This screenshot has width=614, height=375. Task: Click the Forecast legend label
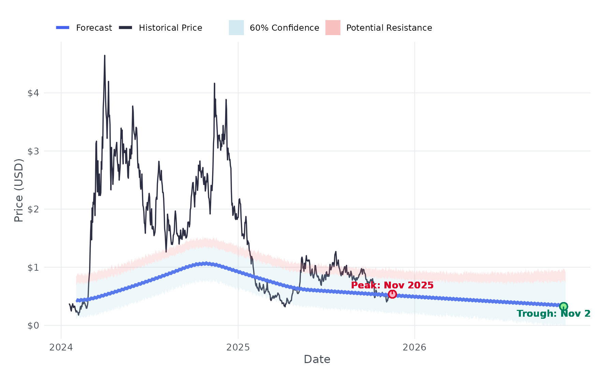click(94, 28)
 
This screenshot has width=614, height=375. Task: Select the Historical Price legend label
click(170, 28)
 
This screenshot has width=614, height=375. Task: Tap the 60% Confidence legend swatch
click(236, 28)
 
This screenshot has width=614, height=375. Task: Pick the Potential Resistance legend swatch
click(333, 28)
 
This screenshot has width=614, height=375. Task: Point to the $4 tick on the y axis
click(33, 93)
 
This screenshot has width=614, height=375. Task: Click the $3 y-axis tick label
click(33, 151)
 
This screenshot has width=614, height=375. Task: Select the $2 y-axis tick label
click(33, 209)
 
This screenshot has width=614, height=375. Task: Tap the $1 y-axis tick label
click(33, 267)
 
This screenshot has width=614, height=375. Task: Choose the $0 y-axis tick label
click(33, 326)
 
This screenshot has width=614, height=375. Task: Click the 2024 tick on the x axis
click(61, 347)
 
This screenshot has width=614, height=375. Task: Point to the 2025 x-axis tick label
click(238, 347)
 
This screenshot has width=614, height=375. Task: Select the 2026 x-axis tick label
click(414, 347)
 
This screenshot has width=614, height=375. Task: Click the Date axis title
click(317, 359)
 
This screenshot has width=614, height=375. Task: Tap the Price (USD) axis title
click(19, 190)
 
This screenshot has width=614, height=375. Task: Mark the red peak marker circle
click(392, 294)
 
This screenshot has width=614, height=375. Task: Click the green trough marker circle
click(564, 306)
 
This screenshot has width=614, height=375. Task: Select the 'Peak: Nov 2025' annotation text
click(392, 285)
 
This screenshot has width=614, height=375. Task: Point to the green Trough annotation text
click(553, 314)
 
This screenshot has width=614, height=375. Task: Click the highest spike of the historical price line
click(105, 56)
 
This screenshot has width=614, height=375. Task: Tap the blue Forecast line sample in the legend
click(63, 28)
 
